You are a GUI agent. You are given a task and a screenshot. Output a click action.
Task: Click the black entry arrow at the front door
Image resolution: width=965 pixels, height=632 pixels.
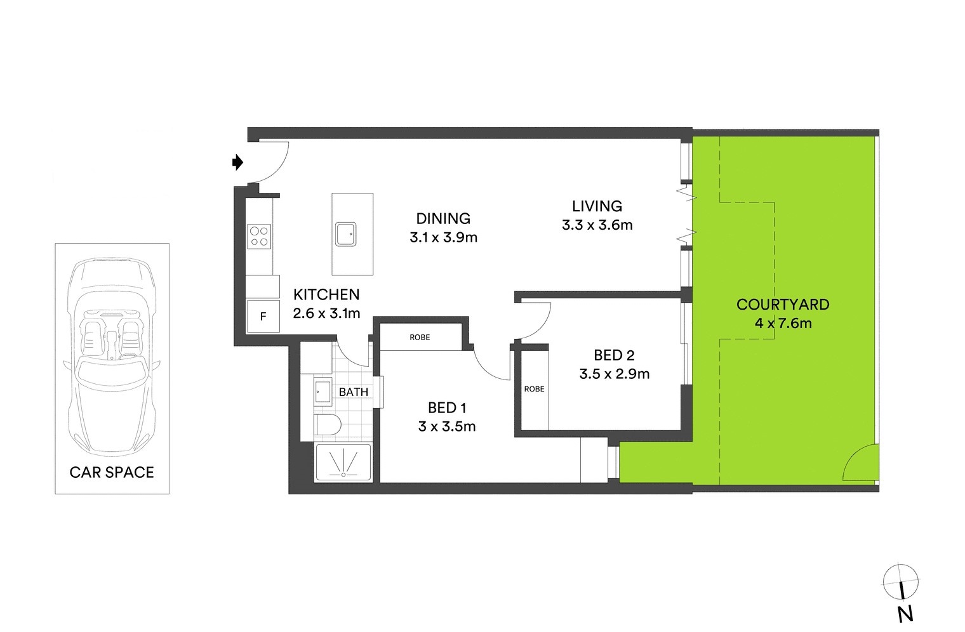(238, 162)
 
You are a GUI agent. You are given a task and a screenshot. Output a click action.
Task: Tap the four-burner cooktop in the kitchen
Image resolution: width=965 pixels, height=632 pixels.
(259, 236)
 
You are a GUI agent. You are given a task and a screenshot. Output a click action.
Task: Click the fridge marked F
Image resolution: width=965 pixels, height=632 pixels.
(263, 316)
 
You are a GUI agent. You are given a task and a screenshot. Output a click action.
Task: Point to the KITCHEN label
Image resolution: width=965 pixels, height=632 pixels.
(326, 294)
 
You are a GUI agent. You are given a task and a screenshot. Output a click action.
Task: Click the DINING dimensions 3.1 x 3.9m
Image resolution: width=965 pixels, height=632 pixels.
(443, 237)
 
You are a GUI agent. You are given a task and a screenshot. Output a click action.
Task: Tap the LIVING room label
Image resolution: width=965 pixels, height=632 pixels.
(597, 206)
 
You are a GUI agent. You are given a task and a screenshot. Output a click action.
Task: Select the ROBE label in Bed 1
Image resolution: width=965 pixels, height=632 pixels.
(420, 338)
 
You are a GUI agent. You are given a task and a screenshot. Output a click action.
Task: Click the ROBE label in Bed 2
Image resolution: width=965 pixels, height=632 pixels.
(534, 389)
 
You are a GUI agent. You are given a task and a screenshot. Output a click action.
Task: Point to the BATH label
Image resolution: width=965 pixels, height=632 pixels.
(354, 392)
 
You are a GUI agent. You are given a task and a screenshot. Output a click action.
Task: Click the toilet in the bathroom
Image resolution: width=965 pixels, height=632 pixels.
(329, 425)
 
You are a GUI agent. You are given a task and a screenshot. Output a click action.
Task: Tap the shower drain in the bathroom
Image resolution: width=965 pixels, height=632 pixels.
(343, 474)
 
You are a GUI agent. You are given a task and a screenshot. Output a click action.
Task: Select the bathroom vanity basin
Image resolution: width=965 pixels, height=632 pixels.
(322, 392)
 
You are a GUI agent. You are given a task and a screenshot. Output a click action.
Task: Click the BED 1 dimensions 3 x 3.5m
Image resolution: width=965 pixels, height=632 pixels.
(447, 426)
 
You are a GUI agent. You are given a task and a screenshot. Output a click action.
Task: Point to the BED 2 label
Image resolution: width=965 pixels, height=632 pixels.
(614, 355)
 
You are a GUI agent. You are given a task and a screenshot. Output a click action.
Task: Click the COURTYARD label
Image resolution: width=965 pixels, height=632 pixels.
(783, 305)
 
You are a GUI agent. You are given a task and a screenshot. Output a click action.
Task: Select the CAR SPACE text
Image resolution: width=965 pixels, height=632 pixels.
(112, 472)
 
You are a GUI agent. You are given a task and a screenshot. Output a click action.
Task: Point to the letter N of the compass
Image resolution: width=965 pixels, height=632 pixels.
(905, 614)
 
